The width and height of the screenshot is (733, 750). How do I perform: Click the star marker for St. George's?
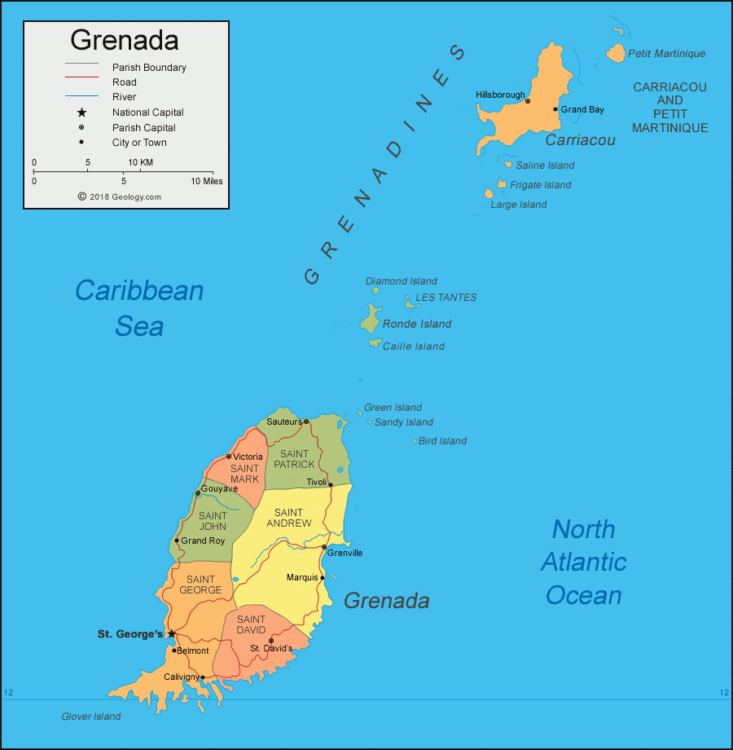pyautogui.click(x=171, y=633)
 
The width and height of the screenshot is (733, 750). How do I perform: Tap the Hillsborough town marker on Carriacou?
pyautogui.click(x=528, y=101)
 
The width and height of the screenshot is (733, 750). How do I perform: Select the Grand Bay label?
pyautogui.click(x=582, y=109)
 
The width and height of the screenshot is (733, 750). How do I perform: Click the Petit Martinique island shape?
pyautogui.click(x=616, y=55)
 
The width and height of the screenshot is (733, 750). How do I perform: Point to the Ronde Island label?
pyautogui.click(x=417, y=324)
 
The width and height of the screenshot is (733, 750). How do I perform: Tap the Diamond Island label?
pyautogui.click(x=402, y=281)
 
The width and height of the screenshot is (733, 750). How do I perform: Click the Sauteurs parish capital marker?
pyautogui.click(x=305, y=421)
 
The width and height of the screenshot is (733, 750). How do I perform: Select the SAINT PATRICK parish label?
pyautogui.click(x=294, y=459)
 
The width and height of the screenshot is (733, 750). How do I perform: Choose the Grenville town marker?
pyautogui.click(x=324, y=547)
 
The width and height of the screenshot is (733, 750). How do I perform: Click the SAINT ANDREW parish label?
pyautogui.click(x=289, y=518)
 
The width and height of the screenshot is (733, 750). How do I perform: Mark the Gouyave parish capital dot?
pyautogui.click(x=197, y=492)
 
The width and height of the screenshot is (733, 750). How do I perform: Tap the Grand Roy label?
pyautogui.click(x=203, y=540)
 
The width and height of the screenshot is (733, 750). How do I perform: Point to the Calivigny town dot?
pyautogui.click(x=203, y=677)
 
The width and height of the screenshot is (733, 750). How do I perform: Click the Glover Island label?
pyautogui.click(x=91, y=717)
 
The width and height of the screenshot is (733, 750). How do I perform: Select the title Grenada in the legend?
pyautogui.click(x=125, y=40)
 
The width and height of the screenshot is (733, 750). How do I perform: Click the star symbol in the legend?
pyautogui.click(x=81, y=112)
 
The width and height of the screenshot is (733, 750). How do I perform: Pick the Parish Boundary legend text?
pyautogui.click(x=149, y=68)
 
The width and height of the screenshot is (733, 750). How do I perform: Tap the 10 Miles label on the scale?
pyautogui.click(x=207, y=181)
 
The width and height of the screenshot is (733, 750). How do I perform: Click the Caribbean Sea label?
pyautogui.click(x=139, y=308)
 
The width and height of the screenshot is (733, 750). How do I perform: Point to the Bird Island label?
pyautogui.click(x=442, y=441)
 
